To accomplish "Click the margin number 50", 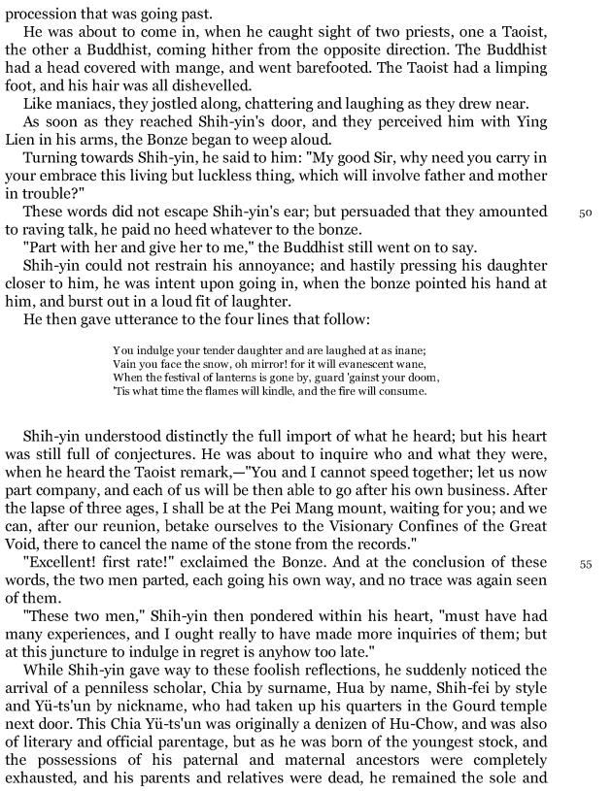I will pos(585,213).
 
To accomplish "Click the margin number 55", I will pos(585,564).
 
